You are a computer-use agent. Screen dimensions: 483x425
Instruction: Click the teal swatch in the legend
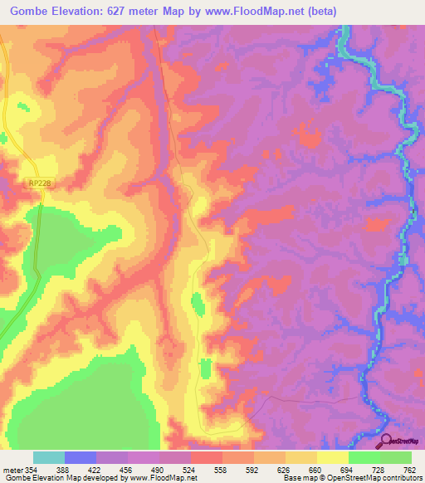pyautogui.click(x=48, y=457)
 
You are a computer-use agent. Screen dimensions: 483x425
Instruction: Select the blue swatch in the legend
pyautogui.click(x=80, y=457)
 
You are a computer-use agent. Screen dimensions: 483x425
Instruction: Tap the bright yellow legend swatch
pyautogui.click(x=332, y=457)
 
